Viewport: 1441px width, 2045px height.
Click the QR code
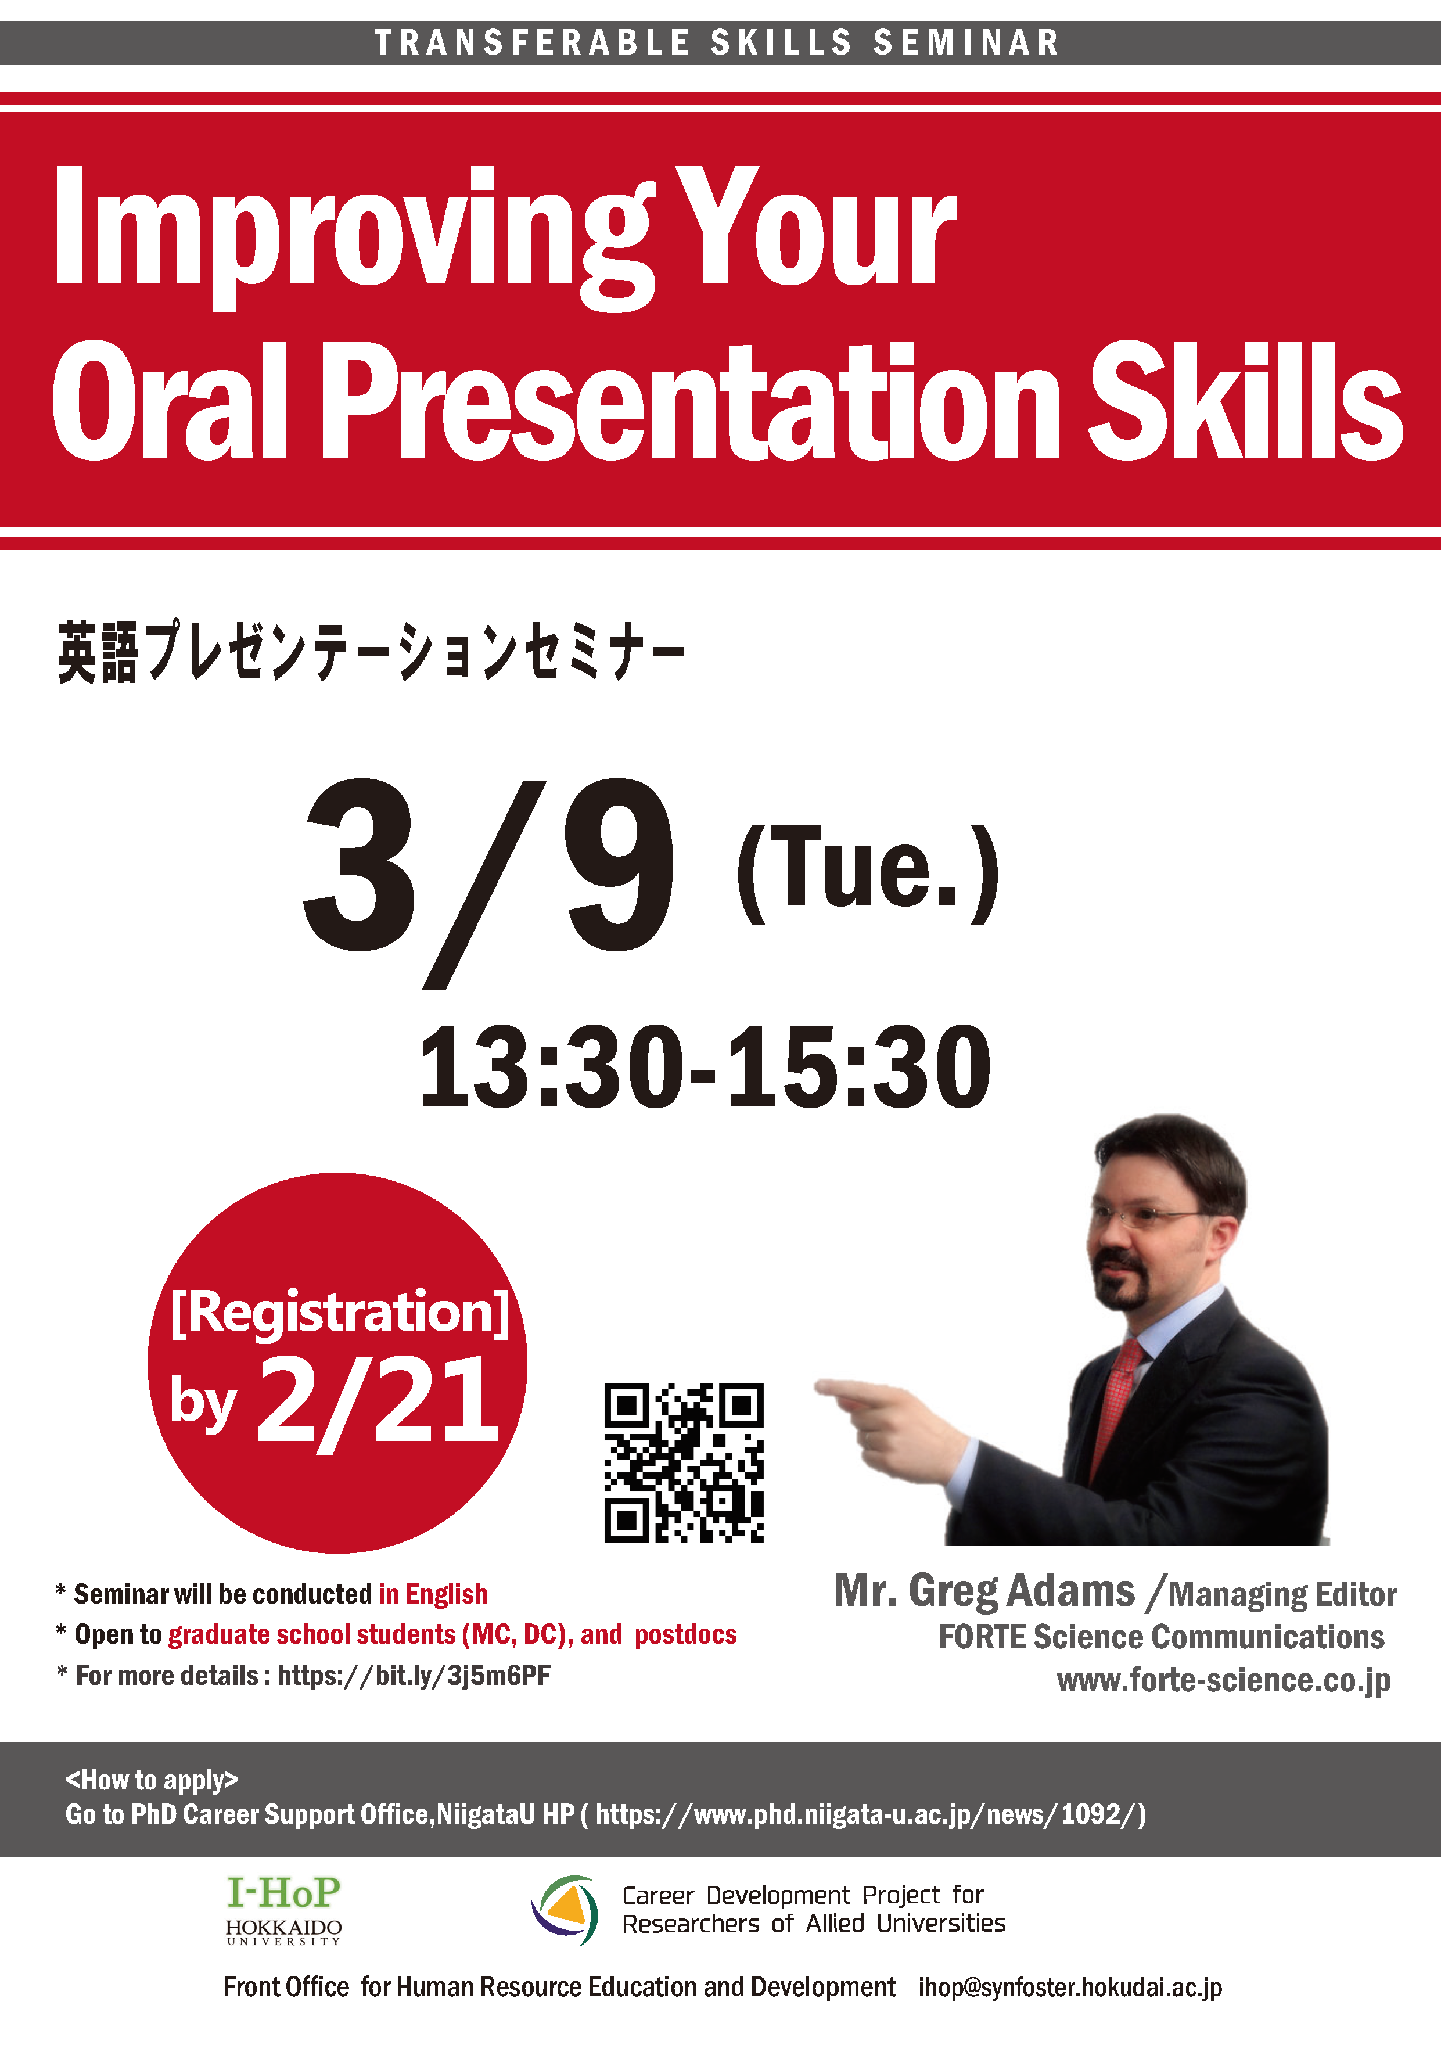(683, 1462)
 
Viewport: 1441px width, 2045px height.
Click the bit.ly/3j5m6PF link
(414, 1676)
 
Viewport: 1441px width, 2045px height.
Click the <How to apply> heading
(152, 1780)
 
